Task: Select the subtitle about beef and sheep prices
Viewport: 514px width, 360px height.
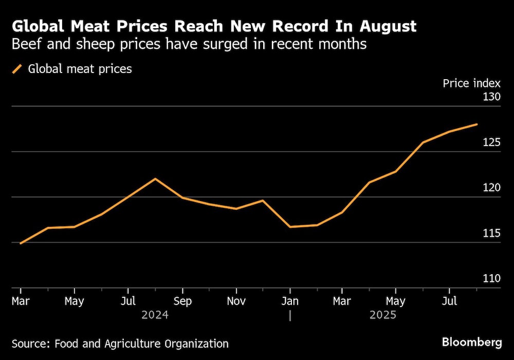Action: pyautogui.click(x=189, y=44)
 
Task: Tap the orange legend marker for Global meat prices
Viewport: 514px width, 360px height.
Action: pyautogui.click(x=17, y=69)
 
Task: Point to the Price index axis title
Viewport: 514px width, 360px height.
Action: pyautogui.click(x=471, y=83)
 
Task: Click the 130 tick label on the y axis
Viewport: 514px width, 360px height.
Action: pyautogui.click(x=490, y=97)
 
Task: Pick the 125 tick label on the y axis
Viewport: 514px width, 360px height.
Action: pyautogui.click(x=490, y=142)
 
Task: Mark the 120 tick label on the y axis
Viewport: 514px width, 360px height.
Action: pyautogui.click(x=490, y=188)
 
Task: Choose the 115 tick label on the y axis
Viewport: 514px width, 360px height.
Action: pyautogui.click(x=490, y=233)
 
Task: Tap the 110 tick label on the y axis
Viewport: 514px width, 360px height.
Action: pyautogui.click(x=490, y=278)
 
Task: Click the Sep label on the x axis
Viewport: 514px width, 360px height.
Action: pyautogui.click(x=182, y=301)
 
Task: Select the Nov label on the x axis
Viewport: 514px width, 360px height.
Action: pyautogui.click(x=236, y=301)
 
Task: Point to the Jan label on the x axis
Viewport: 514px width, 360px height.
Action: pyautogui.click(x=290, y=301)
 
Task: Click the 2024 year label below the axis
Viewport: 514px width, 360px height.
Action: pyautogui.click(x=155, y=315)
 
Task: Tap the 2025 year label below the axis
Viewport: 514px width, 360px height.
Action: pyautogui.click(x=383, y=315)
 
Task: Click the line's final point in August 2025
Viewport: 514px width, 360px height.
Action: pyautogui.click(x=477, y=124)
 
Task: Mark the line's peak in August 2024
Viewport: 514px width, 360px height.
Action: pyautogui.click(x=155, y=178)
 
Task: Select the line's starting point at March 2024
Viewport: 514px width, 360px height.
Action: pyautogui.click(x=20, y=243)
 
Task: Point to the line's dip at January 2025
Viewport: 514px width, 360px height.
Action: pyautogui.click(x=290, y=227)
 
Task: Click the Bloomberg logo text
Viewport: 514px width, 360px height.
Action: pyautogui.click(x=471, y=342)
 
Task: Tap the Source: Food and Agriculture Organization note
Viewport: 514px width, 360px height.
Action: pyautogui.click(x=120, y=344)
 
